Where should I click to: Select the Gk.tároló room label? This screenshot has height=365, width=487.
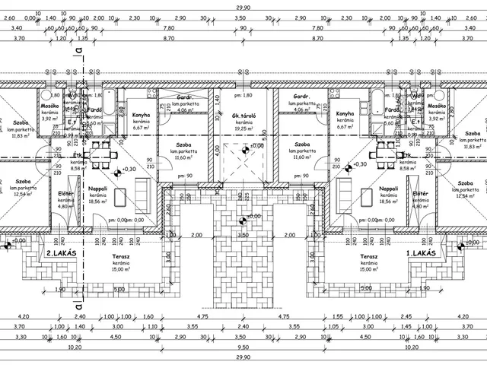[x=243, y=116]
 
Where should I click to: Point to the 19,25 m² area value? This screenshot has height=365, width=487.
[x=243, y=129]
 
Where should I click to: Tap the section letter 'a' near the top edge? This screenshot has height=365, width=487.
[x=79, y=47]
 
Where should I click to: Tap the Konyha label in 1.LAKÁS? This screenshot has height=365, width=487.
[x=345, y=115]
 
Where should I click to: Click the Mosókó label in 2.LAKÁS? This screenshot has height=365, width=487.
[x=49, y=106]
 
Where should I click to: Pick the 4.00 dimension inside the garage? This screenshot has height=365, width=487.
[x=216, y=151]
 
